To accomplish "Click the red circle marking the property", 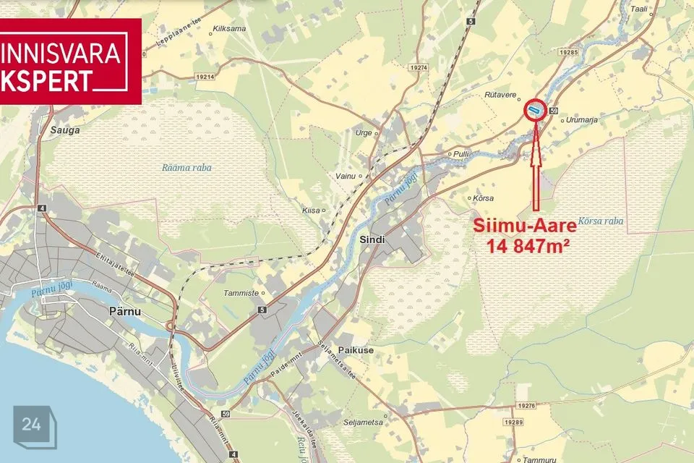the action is (x=534, y=109).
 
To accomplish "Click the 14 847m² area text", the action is (x=528, y=245).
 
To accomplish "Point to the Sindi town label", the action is (x=372, y=239).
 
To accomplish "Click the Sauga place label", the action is (x=64, y=131).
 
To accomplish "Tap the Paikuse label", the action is (x=356, y=350).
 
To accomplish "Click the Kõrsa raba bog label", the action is (x=601, y=221).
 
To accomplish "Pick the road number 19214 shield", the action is (x=205, y=77).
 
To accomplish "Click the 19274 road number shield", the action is (x=418, y=67).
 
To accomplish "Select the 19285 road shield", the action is (x=570, y=53).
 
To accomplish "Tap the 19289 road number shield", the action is (x=514, y=422).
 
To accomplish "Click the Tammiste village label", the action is (x=242, y=293).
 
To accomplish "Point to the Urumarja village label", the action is (x=582, y=120).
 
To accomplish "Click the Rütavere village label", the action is (x=498, y=95).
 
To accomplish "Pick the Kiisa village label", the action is (x=310, y=210).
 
